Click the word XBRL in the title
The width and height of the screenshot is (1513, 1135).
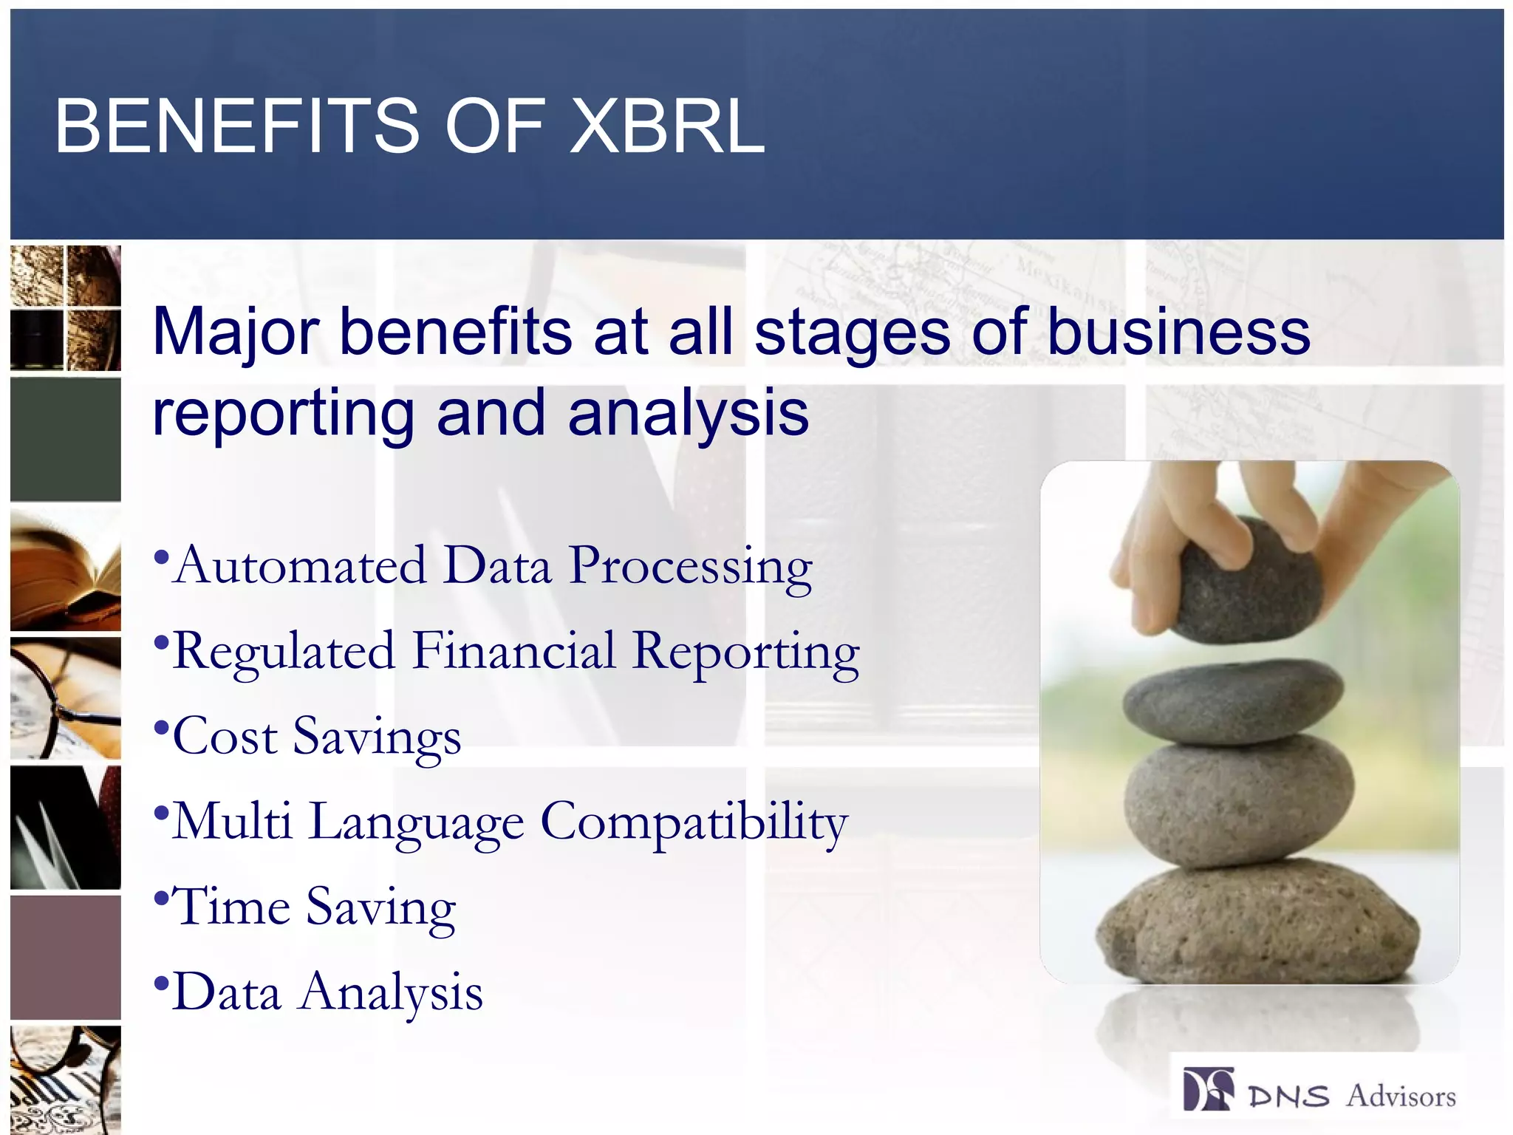tap(667, 126)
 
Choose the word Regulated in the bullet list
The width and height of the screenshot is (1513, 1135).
tap(284, 652)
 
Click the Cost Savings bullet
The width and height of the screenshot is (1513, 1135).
tap(316, 737)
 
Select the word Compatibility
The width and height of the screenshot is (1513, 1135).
tap(694, 822)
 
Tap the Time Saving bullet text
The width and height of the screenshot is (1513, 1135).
tap(315, 907)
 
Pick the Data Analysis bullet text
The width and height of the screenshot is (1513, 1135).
tap(327, 992)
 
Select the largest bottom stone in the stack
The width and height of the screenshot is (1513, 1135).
tap(1256, 927)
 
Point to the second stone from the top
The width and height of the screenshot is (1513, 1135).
tap(1232, 702)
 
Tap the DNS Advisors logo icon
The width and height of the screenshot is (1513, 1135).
tap(1207, 1089)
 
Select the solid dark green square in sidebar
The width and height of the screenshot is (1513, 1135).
tap(65, 439)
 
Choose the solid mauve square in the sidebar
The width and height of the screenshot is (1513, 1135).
tap(65, 958)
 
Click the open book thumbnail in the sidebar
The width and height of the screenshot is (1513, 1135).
tap(65, 569)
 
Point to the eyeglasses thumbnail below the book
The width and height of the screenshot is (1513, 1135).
tap(65, 698)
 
